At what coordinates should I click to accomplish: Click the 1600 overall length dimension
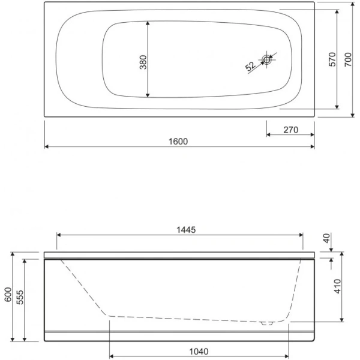178,142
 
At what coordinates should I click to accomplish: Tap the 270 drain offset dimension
290,130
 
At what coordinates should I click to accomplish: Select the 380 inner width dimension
143,62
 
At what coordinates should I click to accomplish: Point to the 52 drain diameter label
250,66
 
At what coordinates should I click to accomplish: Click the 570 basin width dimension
332,59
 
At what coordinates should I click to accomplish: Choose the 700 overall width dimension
348,59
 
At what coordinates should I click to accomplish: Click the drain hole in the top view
267,60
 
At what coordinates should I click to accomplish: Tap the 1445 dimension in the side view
186,230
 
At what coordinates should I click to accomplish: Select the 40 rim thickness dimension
326,238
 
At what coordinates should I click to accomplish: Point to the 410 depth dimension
337,286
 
